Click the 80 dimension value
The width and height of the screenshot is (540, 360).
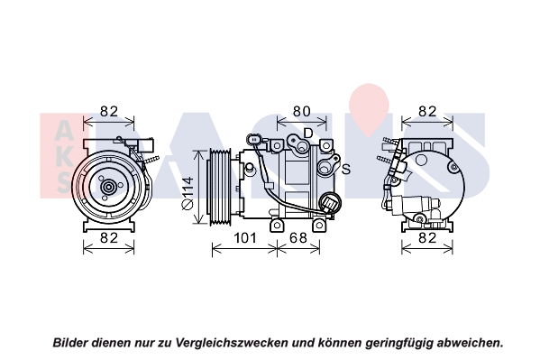(x=301, y=111)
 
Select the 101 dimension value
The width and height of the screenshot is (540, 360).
(x=245, y=238)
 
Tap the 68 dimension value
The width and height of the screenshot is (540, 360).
(x=297, y=238)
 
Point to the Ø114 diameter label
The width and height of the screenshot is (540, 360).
(x=188, y=193)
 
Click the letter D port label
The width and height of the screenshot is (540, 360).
(x=308, y=133)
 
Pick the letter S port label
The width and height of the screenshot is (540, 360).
(x=346, y=169)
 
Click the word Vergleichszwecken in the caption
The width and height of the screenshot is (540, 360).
(x=232, y=343)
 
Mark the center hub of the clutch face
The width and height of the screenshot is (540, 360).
(x=109, y=188)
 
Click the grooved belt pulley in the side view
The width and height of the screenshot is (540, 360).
(x=220, y=188)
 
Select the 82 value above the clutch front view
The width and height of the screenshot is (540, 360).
(x=109, y=111)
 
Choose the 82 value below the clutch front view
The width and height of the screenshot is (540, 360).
(x=109, y=238)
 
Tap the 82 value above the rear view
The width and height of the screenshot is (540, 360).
(x=427, y=111)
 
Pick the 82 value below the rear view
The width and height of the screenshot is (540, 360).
(x=427, y=238)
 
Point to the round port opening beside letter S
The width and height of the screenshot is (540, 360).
(x=323, y=169)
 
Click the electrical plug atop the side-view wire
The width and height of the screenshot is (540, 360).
(x=254, y=140)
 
